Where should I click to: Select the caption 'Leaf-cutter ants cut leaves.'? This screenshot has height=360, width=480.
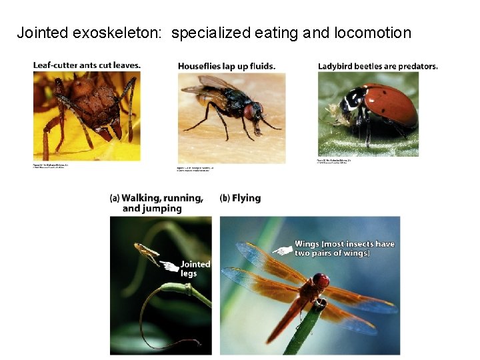87,65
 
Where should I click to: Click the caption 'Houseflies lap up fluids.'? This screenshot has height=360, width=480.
227,66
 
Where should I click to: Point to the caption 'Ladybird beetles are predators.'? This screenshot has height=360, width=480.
377,66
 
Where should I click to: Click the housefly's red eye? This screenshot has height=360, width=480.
250,111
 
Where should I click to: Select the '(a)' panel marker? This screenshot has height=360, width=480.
115,198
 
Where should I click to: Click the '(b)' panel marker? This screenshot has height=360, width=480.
225,198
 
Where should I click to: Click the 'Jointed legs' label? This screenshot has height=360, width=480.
195,269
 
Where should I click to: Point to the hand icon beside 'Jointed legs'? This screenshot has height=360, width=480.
171,267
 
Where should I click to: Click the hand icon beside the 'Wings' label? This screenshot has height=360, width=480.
283,251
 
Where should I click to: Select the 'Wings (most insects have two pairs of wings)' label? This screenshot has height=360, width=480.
345,249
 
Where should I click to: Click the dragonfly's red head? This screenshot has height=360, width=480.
321,281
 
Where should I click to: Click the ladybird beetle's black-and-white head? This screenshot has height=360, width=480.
348,103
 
